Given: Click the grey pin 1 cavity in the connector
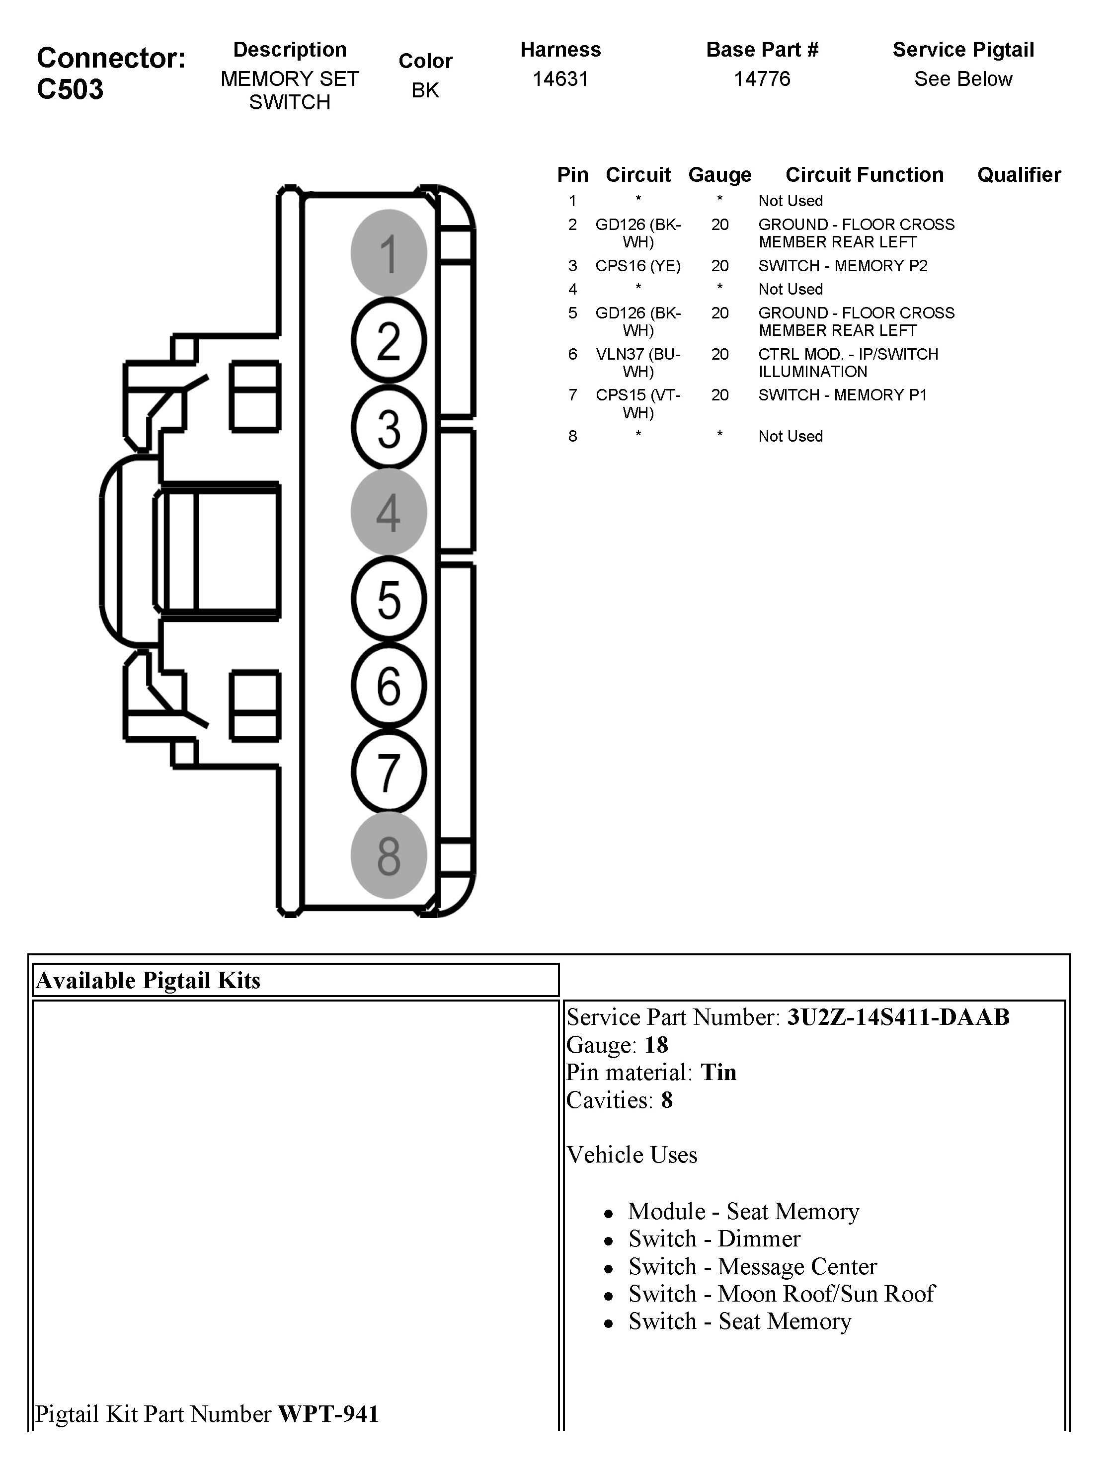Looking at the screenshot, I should [389, 253].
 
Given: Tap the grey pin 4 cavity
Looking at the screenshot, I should [389, 512].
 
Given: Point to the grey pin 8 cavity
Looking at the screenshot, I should [389, 856].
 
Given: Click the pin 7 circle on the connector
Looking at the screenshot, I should [389, 772].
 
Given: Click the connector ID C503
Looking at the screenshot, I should [71, 89].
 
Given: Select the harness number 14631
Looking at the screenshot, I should [560, 79].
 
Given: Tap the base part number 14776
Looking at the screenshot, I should [762, 79].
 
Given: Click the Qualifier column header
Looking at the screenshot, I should [1018, 175].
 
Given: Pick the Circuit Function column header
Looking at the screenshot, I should [864, 175].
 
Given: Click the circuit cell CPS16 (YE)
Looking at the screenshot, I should [637, 266].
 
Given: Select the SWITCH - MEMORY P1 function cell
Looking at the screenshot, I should [842, 395].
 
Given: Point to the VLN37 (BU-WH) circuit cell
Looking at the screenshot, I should [637, 363].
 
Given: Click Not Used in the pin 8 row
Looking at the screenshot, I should [791, 436].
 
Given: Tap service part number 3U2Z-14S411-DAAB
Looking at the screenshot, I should [898, 1017].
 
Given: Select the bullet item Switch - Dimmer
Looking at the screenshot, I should [714, 1238].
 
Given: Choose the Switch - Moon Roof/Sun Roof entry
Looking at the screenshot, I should [782, 1294].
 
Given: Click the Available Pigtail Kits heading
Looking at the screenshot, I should [148, 980].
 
